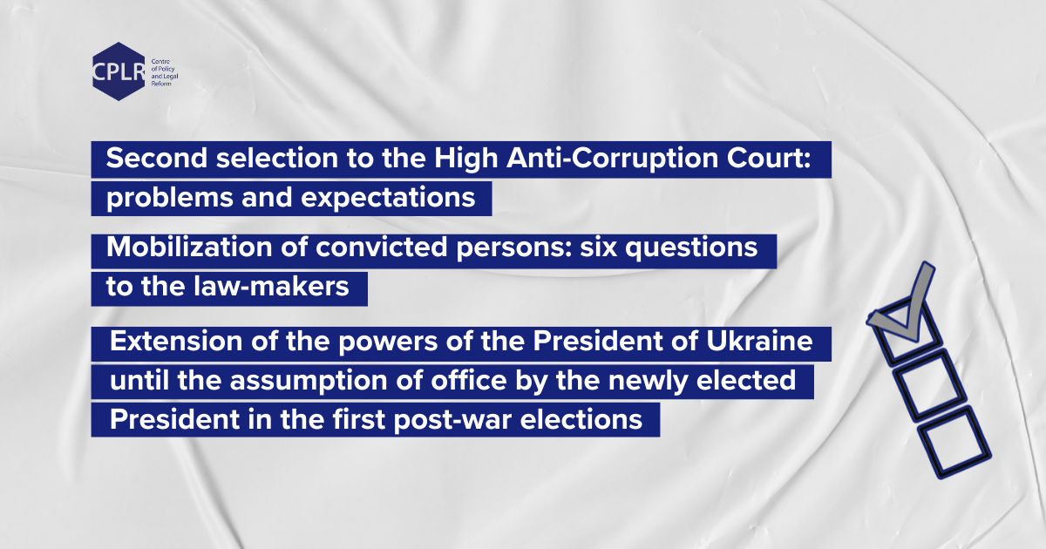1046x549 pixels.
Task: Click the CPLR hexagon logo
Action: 119,71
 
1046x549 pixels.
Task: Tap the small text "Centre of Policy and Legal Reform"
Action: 165,72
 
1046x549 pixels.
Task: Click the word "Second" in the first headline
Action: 156,158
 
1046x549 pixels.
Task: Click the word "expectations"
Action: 388,198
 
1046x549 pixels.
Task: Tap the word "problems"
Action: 169,198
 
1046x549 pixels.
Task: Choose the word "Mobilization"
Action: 189,247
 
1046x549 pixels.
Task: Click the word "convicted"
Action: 382,247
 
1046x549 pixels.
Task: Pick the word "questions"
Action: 691,247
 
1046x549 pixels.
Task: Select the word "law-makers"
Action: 271,286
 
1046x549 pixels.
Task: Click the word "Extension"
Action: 176,341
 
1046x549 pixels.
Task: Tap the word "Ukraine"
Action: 759,341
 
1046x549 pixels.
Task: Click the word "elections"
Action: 581,419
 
